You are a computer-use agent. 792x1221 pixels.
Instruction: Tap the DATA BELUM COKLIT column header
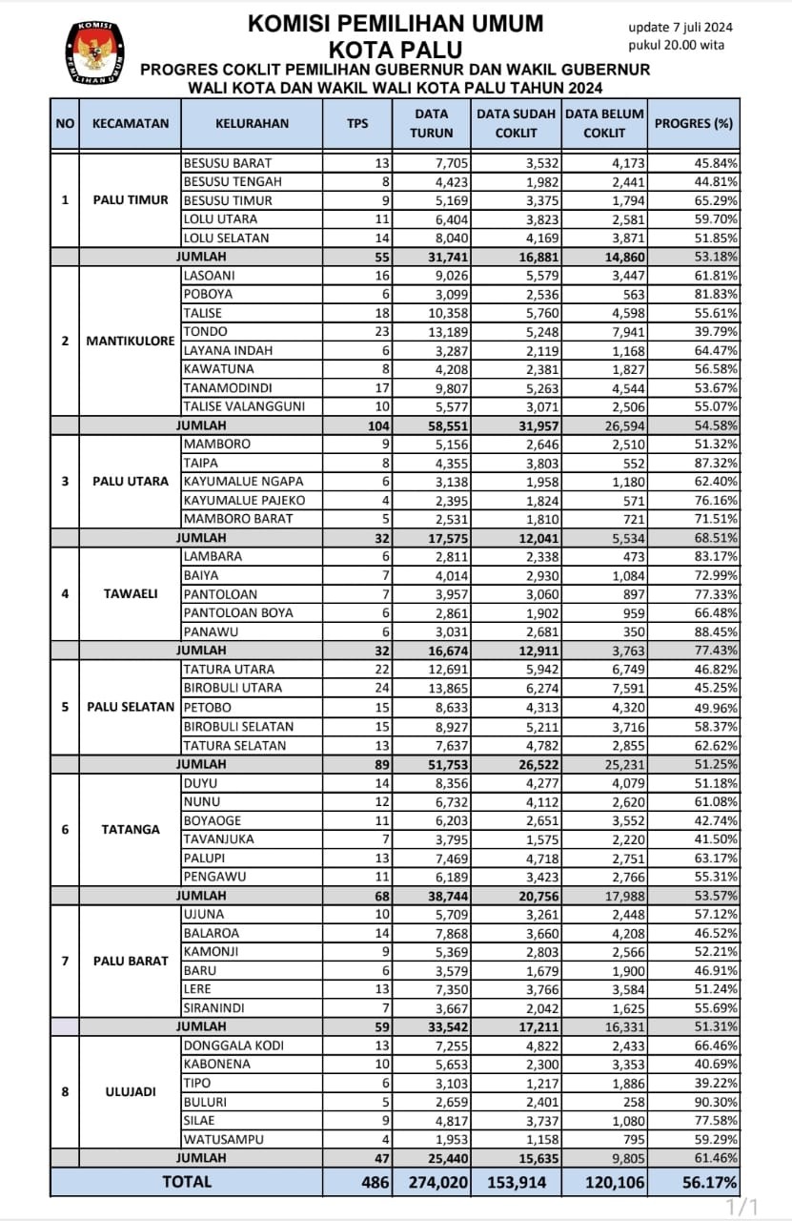[x=604, y=123]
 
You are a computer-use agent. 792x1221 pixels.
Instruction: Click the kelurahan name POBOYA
[x=207, y=294]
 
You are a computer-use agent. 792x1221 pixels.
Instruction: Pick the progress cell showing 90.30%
[x=716, y=1101]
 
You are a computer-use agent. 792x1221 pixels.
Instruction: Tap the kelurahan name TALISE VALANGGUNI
[x=244, y=406]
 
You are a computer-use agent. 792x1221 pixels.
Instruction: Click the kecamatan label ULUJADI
[x=130, y=1091]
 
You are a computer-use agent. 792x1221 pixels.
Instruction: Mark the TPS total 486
[x=375, y=1182]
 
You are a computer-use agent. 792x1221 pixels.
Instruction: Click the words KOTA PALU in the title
[x=396, y=49]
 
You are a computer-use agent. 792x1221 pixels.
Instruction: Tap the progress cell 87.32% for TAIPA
[x=716, y=463]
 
